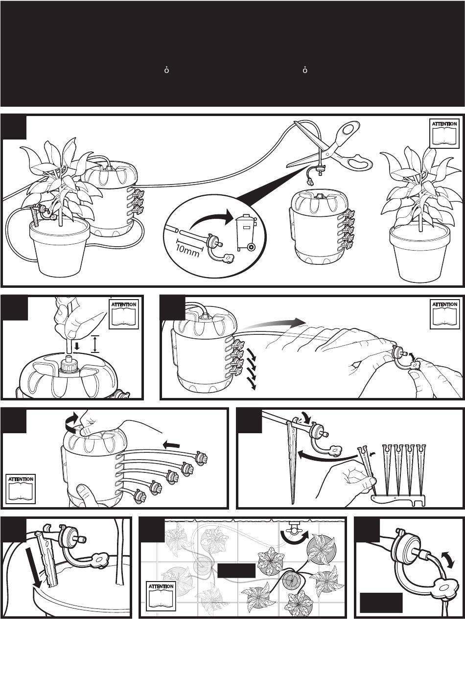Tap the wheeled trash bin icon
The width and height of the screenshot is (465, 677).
pyautogui.click(x=246, y=233)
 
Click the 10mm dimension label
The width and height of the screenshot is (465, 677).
pyautogui.click(x=187, y=251)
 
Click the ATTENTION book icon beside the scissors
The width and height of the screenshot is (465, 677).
pyautogui.click(x=444, y=133)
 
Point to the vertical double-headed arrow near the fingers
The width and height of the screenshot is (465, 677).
pyautogui.click(x=95, y=344)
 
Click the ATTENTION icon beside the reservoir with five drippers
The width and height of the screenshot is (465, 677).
pyautogui.click(x=21, y=489)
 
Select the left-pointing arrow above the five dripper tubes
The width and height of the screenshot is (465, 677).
pyautogui.click(x=171, y=444)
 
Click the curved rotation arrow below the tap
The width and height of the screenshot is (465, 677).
pyautogui.click(x=294, y=537)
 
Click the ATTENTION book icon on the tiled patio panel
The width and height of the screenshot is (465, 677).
pyautogui.click(x=161, y=595)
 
